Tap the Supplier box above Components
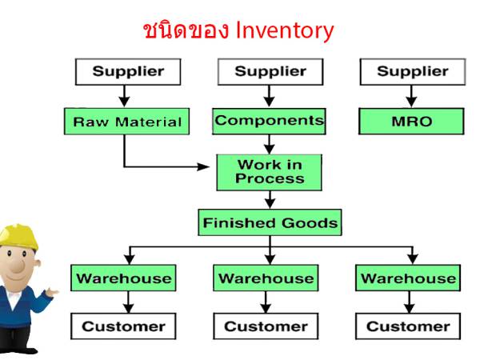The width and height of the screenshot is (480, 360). coord(270,72)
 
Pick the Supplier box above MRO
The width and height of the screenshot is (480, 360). coord(412,72)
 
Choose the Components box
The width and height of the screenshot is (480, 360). coord(270,121)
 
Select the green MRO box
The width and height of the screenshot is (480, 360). coord(412,122)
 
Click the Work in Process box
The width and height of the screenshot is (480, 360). coord(270,171)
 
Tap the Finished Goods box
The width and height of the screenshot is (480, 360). coord(270,222)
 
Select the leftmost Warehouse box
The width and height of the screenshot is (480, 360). coord(124,278)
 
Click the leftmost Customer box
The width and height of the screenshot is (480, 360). coord(124,326)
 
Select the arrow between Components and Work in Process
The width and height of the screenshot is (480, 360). coord(270,144)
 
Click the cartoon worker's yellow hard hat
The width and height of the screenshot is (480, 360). coord(18,234)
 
